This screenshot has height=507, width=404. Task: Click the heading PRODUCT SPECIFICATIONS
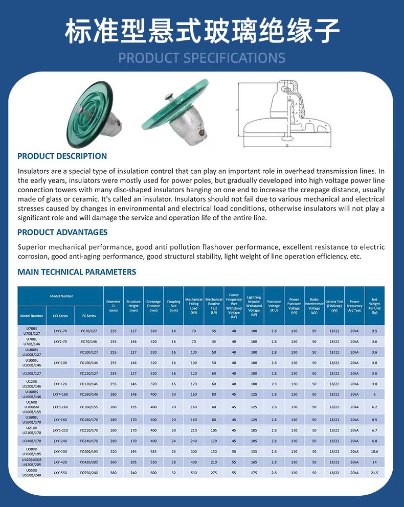[202, 57]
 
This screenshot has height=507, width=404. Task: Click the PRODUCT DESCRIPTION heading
[62, 156]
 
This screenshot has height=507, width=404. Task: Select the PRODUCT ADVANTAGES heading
[62, 232]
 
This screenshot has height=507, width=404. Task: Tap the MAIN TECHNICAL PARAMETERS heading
[77, 272]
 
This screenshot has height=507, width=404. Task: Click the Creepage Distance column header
[153, 306]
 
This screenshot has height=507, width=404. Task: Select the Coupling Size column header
[174, 306]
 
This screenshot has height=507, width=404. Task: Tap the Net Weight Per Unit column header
[374, 306]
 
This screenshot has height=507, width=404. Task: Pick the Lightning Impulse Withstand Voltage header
[254, 306]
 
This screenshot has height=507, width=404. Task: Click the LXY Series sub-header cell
[60, 316]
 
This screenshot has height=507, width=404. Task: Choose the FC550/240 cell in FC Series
[88, 473]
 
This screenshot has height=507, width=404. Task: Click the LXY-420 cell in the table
[60, 462]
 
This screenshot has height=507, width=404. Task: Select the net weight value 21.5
[374, 473]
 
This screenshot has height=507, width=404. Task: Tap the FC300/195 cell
[88, 451]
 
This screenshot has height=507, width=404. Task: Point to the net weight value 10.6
[374, 451]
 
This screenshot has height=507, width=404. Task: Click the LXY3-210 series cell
[60, 430]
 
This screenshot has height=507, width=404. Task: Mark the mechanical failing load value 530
[194, 473]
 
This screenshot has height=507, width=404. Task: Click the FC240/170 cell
[88, 441]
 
